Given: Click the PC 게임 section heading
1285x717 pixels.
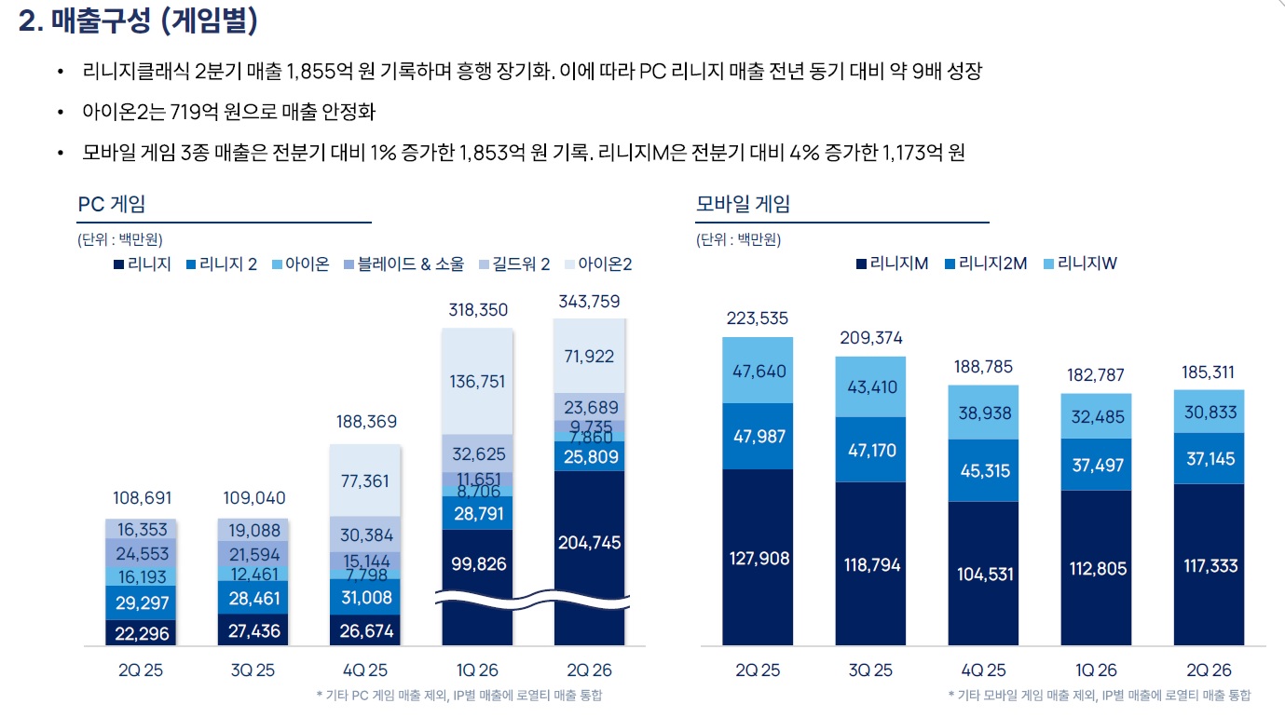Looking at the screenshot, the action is tap(111, 204).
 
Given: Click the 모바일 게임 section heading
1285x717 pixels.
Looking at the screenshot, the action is tap(743, 204).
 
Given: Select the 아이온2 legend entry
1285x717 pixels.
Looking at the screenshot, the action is tap(598, 264).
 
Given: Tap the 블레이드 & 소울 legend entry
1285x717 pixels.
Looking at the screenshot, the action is tap(403, 264).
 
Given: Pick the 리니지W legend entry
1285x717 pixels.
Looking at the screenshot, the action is tap(1081, 264).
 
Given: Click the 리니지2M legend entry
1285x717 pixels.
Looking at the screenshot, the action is tap(986, 264).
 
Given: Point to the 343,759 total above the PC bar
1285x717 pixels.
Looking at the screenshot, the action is tap(589, 302).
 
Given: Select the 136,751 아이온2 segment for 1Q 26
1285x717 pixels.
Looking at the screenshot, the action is tap(477, 381).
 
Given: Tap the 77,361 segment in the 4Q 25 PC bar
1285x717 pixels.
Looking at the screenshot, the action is tap(365, 480).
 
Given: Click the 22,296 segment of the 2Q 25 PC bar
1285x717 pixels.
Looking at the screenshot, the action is tap(141, 633).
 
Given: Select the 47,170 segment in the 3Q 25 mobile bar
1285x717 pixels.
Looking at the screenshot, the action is tap(871, 450).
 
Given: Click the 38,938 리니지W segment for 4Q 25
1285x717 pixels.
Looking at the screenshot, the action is tap(983, 413).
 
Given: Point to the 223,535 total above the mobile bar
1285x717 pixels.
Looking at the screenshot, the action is tap(758, 318).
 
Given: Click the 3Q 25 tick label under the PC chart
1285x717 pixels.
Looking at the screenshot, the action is tap(253, 670).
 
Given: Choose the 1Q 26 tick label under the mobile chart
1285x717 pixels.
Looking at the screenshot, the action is tap(1096, 670).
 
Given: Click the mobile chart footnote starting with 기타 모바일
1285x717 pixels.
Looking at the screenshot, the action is tap(1100, 696).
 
